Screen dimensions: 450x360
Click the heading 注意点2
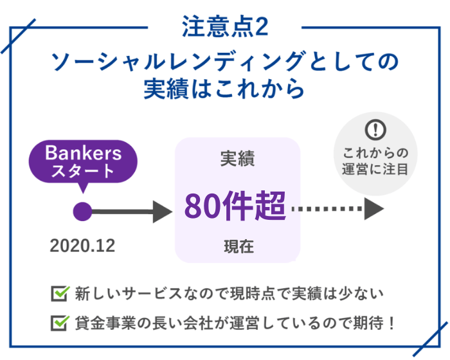pos(225,26)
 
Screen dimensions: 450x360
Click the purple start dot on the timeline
pos(83,212)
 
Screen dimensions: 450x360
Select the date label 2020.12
pos(82,246)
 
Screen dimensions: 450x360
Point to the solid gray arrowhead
pos(162,212)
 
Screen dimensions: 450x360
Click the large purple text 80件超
pos(235,206)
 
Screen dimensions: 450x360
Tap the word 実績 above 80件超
pos(237,158)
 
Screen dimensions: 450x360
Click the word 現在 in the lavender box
pos(239,247)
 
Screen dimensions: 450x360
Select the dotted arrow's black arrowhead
pos(374,209)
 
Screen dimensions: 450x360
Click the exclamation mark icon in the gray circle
pos(375,130)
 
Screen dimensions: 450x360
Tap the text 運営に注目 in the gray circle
pos(375,169)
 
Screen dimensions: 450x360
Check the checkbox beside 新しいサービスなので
pos(60,293)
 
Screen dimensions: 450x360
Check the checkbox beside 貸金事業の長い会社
pos(60,323)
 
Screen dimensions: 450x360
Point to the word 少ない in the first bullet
pos(361,293)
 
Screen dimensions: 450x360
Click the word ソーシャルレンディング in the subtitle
pos(177,61)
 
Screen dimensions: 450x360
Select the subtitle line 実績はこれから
pos(224,89)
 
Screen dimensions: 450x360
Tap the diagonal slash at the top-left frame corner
pos(18,36)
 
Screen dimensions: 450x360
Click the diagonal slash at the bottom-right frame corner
pos(431,339)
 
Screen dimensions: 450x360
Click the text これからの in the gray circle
pos(375,153)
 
